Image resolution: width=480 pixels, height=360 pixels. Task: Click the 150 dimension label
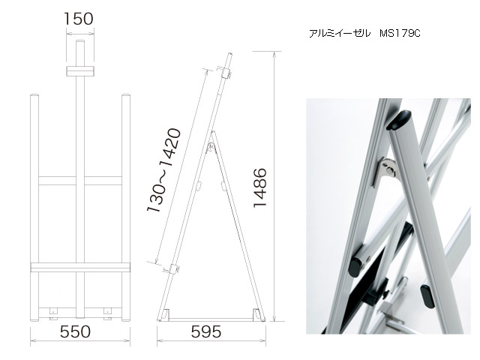(79, 19)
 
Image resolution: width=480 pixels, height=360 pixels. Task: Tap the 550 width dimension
(75, 331)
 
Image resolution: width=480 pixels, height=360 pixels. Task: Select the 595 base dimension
(206, 331)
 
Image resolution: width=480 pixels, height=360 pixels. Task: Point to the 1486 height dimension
(260, 187)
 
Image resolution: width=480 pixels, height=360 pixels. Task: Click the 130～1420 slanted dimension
(163, 170)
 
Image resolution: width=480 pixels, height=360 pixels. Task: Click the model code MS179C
(400, 33)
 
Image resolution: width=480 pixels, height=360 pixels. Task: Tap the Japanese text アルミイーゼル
(340, 33)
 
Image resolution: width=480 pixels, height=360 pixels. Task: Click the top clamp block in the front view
(80, 71)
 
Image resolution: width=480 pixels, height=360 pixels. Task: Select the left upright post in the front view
(34, 208)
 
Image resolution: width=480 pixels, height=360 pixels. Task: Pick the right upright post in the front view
(126, 208)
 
